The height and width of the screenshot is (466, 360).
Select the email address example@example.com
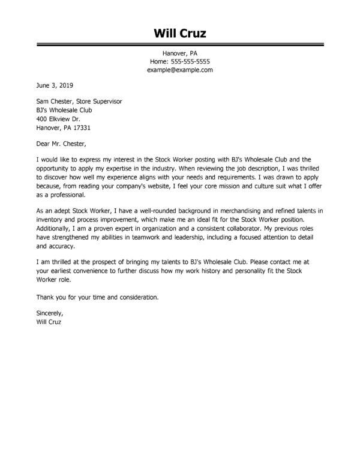tap(179, 70)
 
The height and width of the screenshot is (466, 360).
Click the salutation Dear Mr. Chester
tap(61, 144)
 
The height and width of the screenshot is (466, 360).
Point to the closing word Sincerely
tap(50, 313)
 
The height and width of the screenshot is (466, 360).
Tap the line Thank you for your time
tap(98, 297)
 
